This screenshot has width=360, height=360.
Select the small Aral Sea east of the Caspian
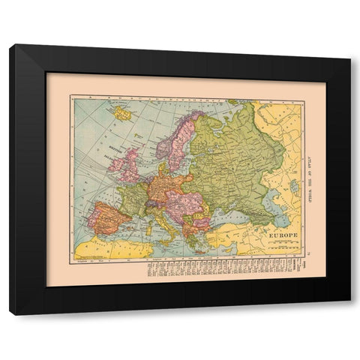tap(294, 183)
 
